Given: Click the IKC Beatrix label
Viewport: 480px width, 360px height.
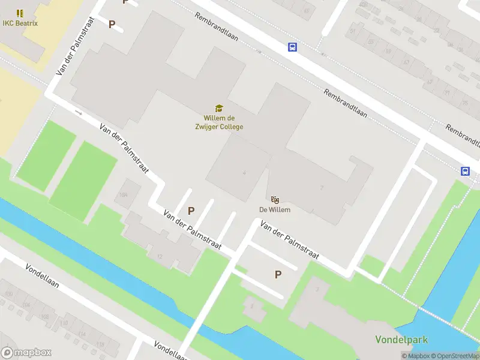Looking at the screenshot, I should [x=19, y=23].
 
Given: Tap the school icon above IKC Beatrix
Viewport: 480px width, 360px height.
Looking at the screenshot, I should [x=20, y=13].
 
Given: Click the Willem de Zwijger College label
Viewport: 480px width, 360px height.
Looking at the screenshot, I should [x=223, y=122].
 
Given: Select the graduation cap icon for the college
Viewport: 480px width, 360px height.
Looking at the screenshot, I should [x=219, y=108].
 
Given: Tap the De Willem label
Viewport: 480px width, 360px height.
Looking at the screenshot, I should [x=275, y=209].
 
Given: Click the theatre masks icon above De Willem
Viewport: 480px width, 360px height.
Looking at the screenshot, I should [x=275, y=199].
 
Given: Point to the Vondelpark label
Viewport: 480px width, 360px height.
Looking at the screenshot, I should [x=401, y=340].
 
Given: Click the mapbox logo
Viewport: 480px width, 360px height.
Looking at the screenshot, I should [x=26, y=352].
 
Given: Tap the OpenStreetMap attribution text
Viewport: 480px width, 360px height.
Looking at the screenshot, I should [x=455, y=356].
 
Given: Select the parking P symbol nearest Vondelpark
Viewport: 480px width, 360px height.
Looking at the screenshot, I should [x=278, y=274].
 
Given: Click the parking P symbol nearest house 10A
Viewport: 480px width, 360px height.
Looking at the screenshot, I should [x=191, y=211].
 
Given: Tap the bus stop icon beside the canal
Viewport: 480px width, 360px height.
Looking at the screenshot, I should [x=465, y=171].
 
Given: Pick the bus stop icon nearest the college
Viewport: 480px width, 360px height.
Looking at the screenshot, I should [x=292, y=47].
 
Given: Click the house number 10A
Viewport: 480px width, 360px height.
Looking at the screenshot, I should [x=124, y=195].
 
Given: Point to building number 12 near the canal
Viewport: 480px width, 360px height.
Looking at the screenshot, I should [x=160, y=256].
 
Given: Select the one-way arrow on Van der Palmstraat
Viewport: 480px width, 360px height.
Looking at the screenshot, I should [x=79, y=112].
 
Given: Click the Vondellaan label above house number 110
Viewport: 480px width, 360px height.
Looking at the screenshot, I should [x=42, y=275].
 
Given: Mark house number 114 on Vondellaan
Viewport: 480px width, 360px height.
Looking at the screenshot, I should [x=82, y=334].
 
